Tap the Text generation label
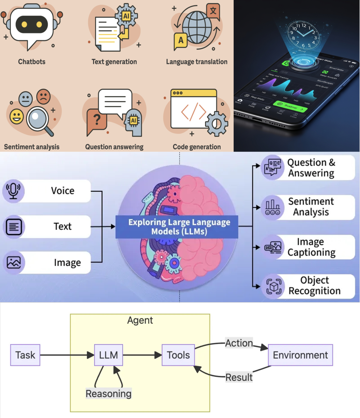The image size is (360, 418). click(x=114, y=62)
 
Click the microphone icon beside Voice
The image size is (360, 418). click(x=14, y=191)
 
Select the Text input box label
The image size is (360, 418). click(x=63, y=227)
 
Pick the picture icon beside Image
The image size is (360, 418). click(x=14, y=263)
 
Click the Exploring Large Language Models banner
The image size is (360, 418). click(x=177, y=227)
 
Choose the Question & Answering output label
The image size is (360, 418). click(x=311, y=168)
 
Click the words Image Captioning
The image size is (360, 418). click(x=311, y=247)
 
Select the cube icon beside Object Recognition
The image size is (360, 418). click(x=273, y=286)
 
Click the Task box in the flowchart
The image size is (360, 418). click(x=25, y=355)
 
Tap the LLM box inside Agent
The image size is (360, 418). click(x=108, y=355)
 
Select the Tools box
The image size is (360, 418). click(x=178, y=355)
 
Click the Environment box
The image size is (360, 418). click(x=301, y=355)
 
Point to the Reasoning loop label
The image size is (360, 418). click(x=108, y=393)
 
